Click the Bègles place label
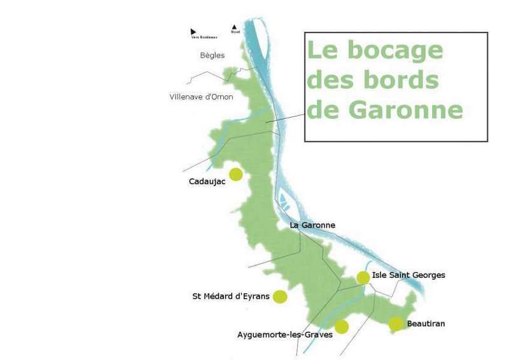pyautogui.click(x=212, y=55)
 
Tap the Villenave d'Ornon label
pyautogui.click(x=202, y=97)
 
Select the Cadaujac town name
pyautogui.click(x=207, y=181)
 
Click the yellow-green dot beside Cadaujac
pyautogui.click(x=236, y=174)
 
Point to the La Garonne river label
pyautogui.click(x=312, y=225)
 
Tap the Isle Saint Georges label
pyautogui.click(x=408, y=275)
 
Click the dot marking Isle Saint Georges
pyautogui.click(x=363, y=277)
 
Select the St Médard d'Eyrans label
pyautogui.click(x=230, y=296)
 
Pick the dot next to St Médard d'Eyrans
pyautogui.click(x=279, y=296)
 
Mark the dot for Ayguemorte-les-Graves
pyautogui.click(x=342, y=327)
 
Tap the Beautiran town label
pyautogui.click(x=426, y=324)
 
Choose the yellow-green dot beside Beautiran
pyautogui.click(x=396, y=324)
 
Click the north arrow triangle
pyautogui.click(x=235, y=27)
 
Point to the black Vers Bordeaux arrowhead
pyautogui.click(x=193, y=31)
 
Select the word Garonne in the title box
pyautogui.click(x=408, y=110)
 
